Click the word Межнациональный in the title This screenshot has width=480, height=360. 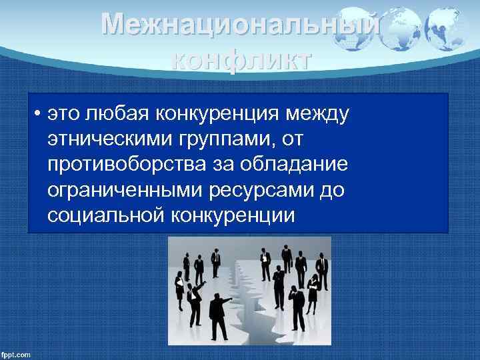pyautogui.click(x=241, y=26)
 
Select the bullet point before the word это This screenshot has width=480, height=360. pyautogui.click(x=40, y=117)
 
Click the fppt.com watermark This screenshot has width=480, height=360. pyautogui.click(x=16, y=354)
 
